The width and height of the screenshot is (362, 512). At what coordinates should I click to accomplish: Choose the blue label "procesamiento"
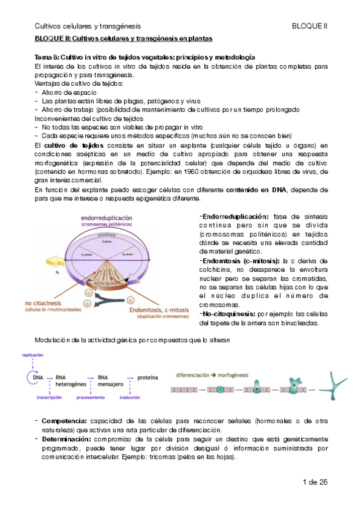pyautogui.click(x=96, y=398)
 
